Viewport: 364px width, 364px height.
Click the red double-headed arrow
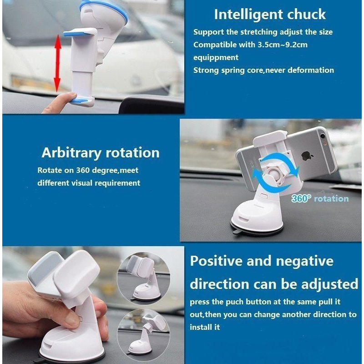pos(57,63)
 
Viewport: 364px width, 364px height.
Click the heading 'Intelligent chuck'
pos(270,15)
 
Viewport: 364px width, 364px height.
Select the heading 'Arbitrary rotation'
pos(101,153)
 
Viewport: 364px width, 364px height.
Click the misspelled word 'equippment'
pos(216,57)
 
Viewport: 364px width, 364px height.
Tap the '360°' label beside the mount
pos(301,198)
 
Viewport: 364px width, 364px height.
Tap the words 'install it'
pos(204,327)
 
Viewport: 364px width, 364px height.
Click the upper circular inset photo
pos(143,278)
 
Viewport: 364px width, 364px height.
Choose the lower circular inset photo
pos(143,334)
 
